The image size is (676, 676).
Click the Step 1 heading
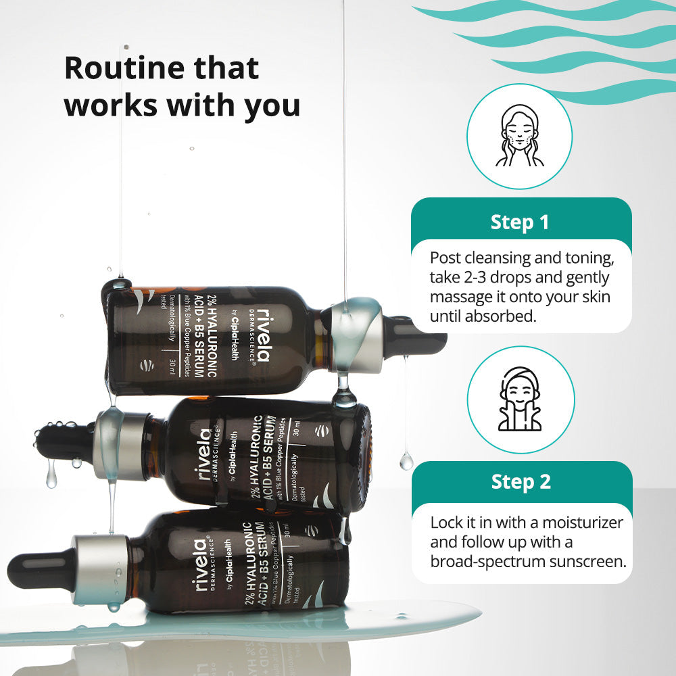[520, 222]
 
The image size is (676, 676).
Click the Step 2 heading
[521, 482]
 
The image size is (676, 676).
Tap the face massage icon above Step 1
[520, 136]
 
